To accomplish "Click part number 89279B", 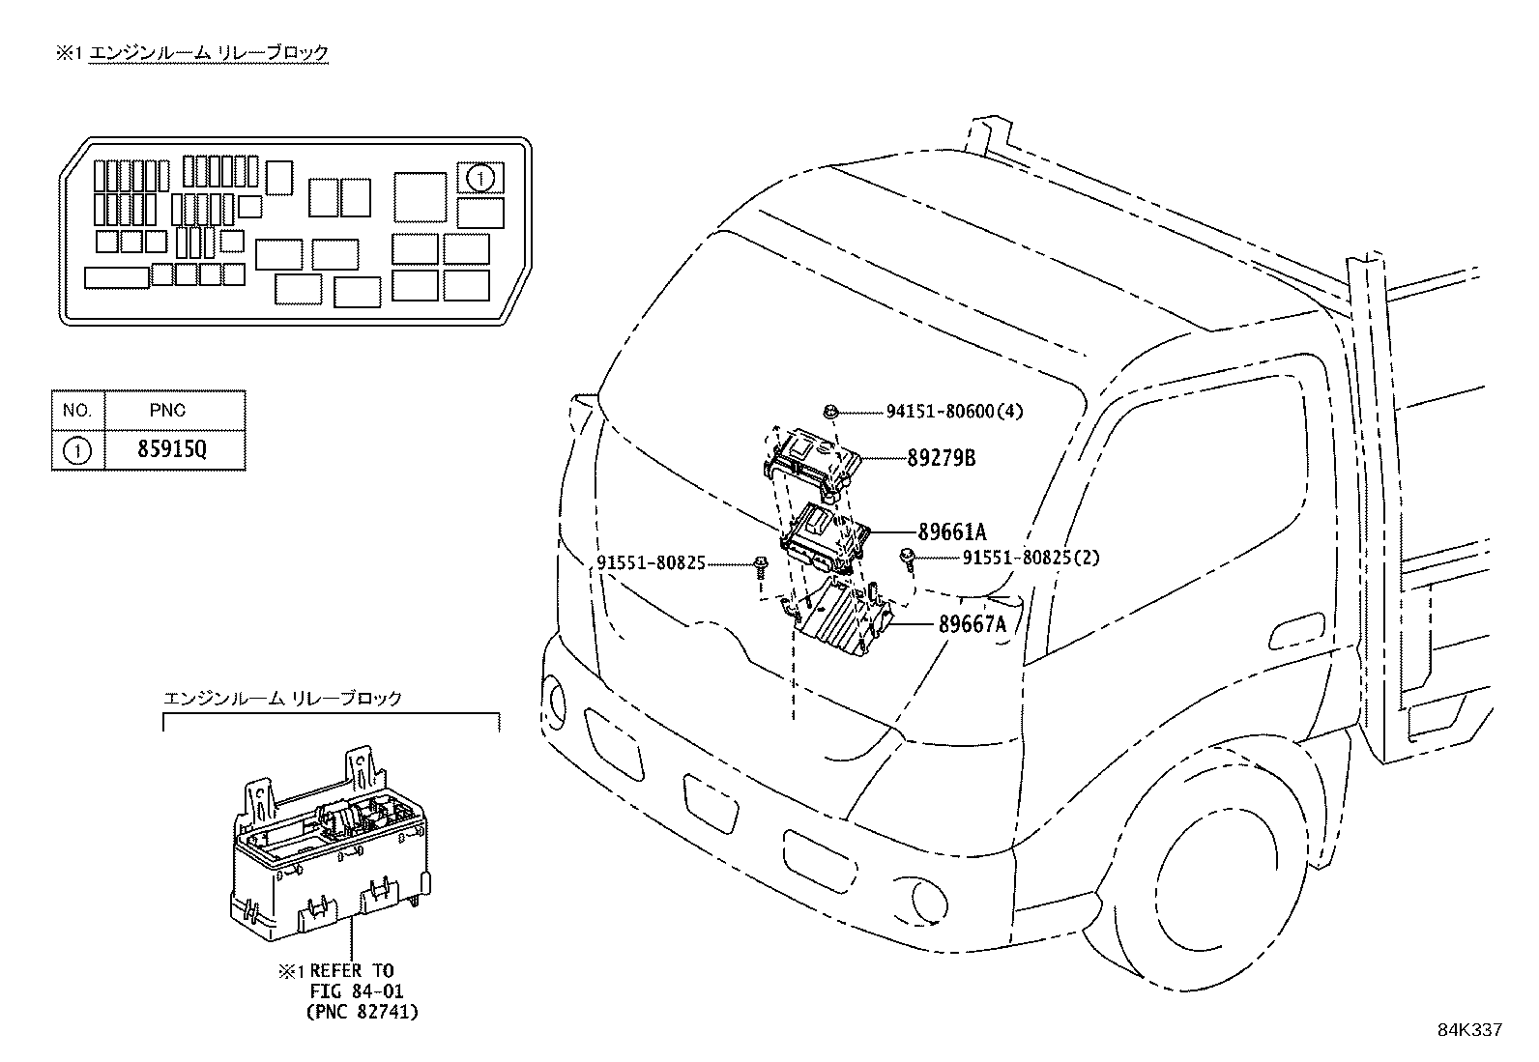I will (941, 458).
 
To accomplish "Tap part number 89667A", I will (972, 624).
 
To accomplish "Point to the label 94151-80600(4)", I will (954, 411).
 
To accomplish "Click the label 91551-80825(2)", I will (1031, 558).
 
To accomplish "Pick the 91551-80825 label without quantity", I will (651, 561).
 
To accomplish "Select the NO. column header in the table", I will (77, 410).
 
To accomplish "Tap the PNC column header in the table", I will (167, 410).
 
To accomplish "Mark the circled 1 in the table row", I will (77, 450).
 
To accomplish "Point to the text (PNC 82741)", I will (362, 1012).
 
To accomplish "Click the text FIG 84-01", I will (356, 991).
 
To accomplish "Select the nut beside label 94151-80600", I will (830, 412).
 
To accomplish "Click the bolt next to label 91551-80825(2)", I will (908, 558).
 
